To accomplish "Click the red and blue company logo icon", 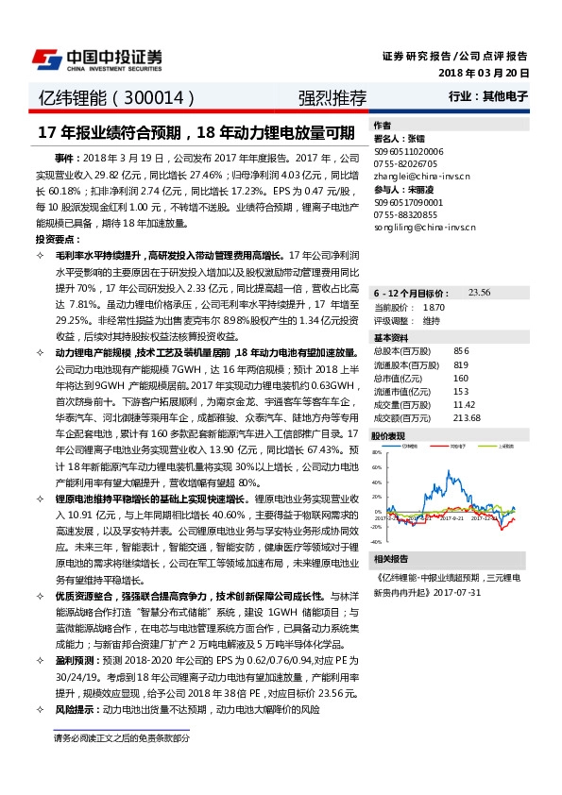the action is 46,59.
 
